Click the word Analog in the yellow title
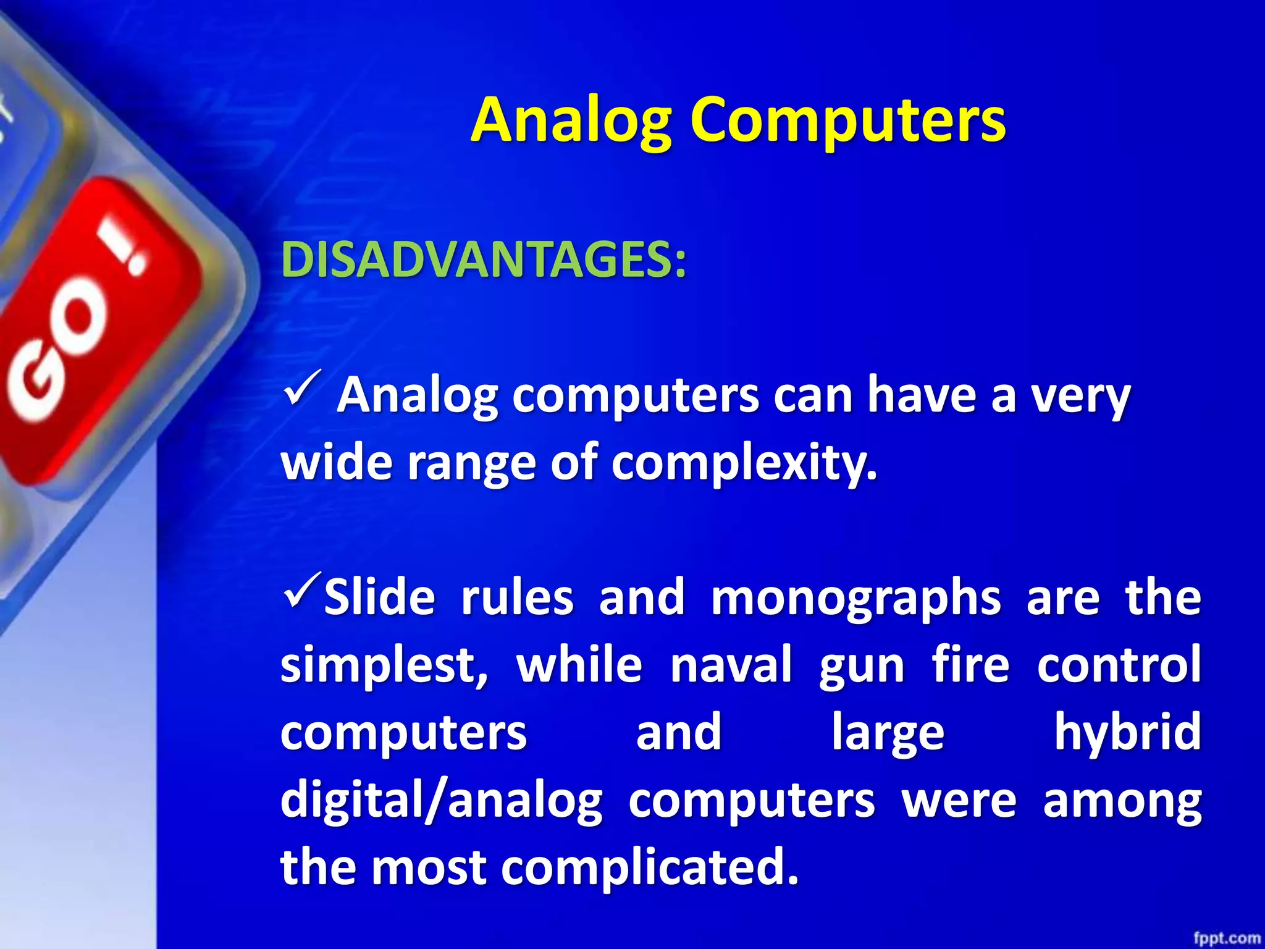pos(572,121)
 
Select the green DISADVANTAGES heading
pos(483,260)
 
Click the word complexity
pos(744,463)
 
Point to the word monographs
pos(855,599)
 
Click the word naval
pos(731,666)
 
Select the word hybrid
pos(1127,733)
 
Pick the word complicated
pos(649,867)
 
